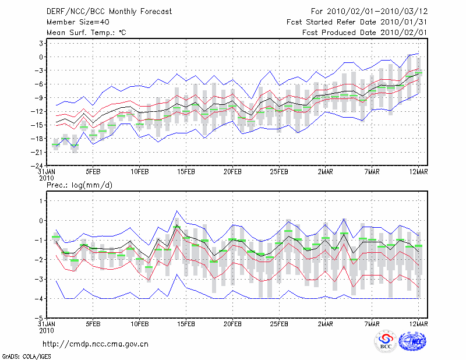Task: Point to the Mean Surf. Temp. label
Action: (86, 33)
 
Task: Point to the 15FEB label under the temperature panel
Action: (186, 172)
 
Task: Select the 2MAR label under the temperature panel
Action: (326, 172)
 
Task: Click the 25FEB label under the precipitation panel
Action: (279, 324)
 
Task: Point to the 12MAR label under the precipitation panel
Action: (418, 324)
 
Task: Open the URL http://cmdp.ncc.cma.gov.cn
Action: (96, 344)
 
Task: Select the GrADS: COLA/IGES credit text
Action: (22, 355)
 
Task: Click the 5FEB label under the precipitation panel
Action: (93, 324)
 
